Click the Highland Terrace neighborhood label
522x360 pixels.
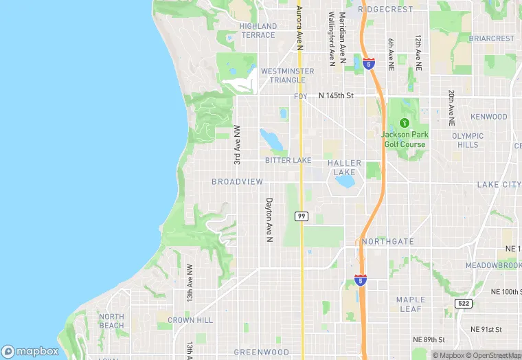258,30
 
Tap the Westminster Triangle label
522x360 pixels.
287,75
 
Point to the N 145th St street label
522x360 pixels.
335,95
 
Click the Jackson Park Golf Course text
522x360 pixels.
404,139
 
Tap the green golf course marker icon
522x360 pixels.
405,122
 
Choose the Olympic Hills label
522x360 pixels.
468,140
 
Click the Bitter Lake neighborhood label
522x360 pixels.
288,160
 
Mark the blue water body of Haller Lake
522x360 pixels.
345,181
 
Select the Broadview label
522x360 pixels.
237,181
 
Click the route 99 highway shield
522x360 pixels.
301,216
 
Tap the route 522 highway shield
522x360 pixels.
463,303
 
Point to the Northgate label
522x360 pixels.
387,242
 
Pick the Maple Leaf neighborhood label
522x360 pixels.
411,304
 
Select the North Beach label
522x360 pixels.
111,321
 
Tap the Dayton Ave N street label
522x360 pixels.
269,220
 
